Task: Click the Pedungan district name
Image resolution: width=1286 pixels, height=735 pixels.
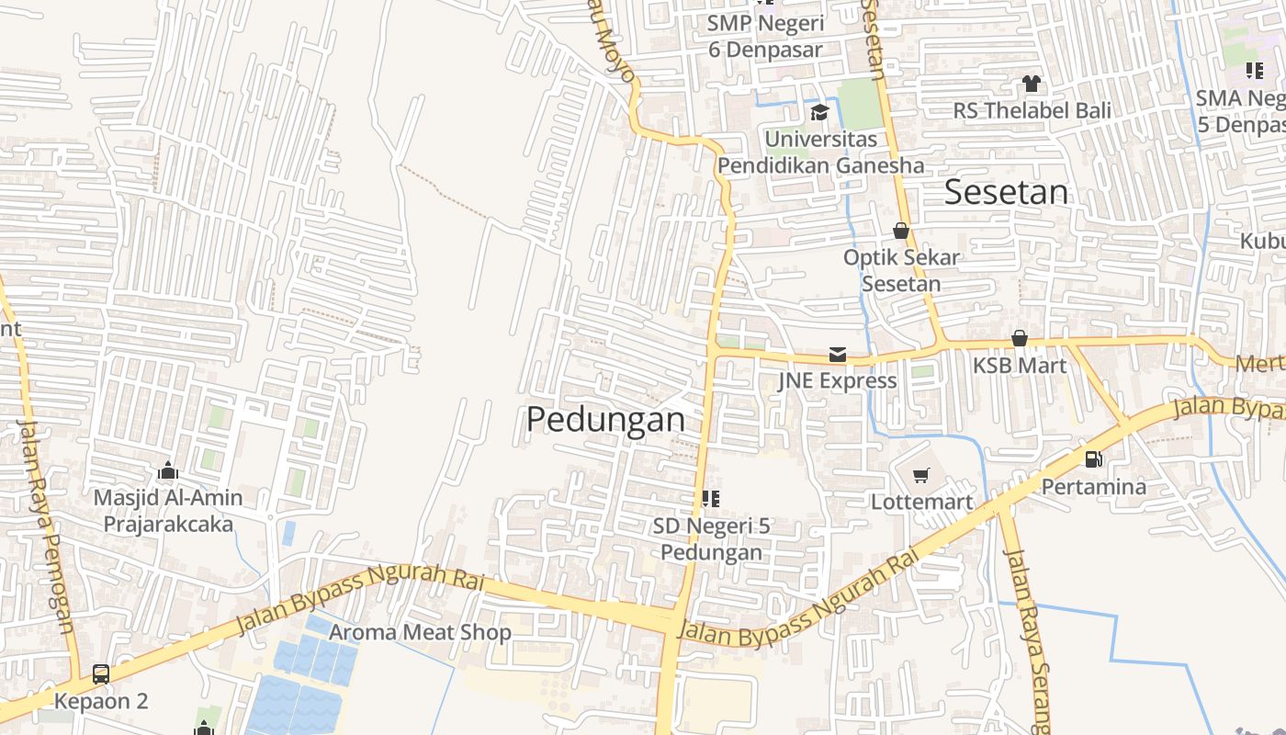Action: click(605, 420)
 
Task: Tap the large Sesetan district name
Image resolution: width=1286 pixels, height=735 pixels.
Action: click(1007, 192)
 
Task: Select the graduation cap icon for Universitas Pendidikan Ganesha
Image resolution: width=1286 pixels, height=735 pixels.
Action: click(818, 112)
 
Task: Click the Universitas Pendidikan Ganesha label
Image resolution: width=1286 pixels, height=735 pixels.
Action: click(821, 153)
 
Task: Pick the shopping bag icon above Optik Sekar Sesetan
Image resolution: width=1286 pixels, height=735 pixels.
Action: click(901, 231)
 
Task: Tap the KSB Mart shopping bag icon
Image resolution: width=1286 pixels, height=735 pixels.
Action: click(1019, 338)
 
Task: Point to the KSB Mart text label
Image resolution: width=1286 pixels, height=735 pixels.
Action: click(1020, 366)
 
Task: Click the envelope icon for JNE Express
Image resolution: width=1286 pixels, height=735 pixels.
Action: click(837, 354)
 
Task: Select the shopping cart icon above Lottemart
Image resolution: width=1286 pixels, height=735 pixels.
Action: click(921, 475)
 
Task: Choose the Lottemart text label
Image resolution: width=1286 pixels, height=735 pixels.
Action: click(921, 502)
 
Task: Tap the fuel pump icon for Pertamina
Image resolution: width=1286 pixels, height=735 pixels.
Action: click(1093, 458)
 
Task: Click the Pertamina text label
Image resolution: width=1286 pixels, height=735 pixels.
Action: click(1093, 486)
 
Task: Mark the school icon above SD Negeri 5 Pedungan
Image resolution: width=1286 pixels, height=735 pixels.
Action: click(710, 499)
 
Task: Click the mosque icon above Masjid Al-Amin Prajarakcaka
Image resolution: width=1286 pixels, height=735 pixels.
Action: click(167, 470)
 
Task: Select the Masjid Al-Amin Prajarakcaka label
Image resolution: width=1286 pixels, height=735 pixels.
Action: click(168, 511)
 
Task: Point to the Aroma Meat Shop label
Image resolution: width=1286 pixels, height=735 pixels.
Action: click(420, 632)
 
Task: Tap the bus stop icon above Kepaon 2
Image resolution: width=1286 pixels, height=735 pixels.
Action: click(101, 673)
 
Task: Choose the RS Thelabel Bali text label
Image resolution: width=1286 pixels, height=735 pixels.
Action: click(1032, 110)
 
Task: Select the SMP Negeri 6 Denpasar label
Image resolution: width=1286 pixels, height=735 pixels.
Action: click(764, 35)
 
